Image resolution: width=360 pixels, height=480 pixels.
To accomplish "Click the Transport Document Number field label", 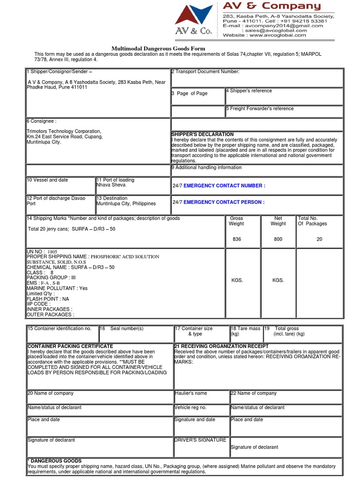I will pyautogui.click(x=207, y=72).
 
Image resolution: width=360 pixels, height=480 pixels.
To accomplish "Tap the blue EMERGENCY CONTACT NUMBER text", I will pyautogui.click(x=225, y=186).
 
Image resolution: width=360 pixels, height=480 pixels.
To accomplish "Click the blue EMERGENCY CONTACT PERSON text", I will pyautogui.click(x=224, y=202).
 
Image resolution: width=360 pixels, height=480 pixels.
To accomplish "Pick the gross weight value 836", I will pyautogui.click(x=237, y=239).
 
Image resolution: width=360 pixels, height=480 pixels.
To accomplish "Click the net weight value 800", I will pyautogui.click(x=278, y=239).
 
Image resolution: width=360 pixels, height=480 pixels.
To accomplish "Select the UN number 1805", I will pyautogui.click(x=52, y=252).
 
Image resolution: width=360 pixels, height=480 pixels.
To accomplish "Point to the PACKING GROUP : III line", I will pyautogui.click(x=51, y=278).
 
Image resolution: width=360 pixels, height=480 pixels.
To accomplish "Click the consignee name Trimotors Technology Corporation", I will pyautogui.click(x=64, y=131).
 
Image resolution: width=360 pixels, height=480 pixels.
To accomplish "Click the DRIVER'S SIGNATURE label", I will pyautogui.click(x=200, y=440).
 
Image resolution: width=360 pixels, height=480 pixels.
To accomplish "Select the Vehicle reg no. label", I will pyautogui.click(x=190, y=408).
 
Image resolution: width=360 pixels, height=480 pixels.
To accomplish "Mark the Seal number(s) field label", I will pyautogui.click(x=127, y=329).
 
